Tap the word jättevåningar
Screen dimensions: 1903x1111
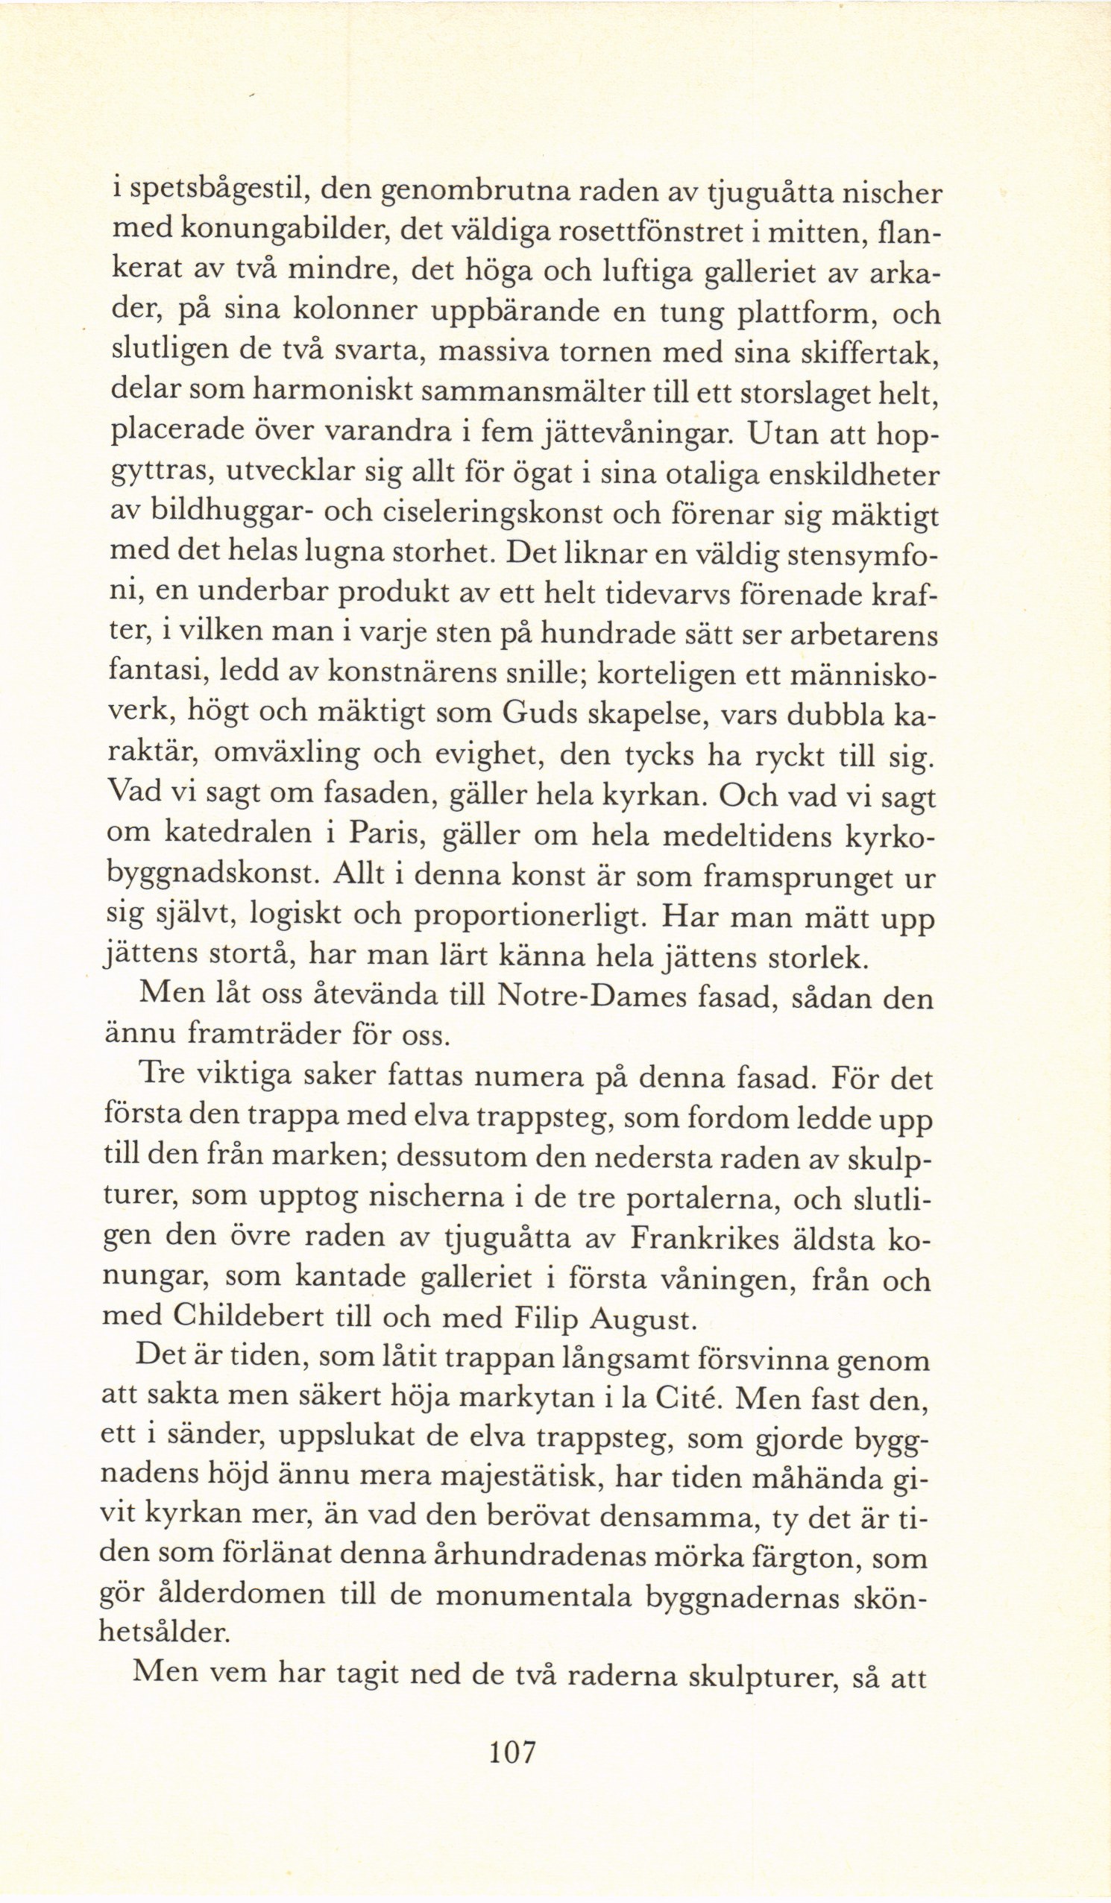636,435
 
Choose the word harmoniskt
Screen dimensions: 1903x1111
337,393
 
